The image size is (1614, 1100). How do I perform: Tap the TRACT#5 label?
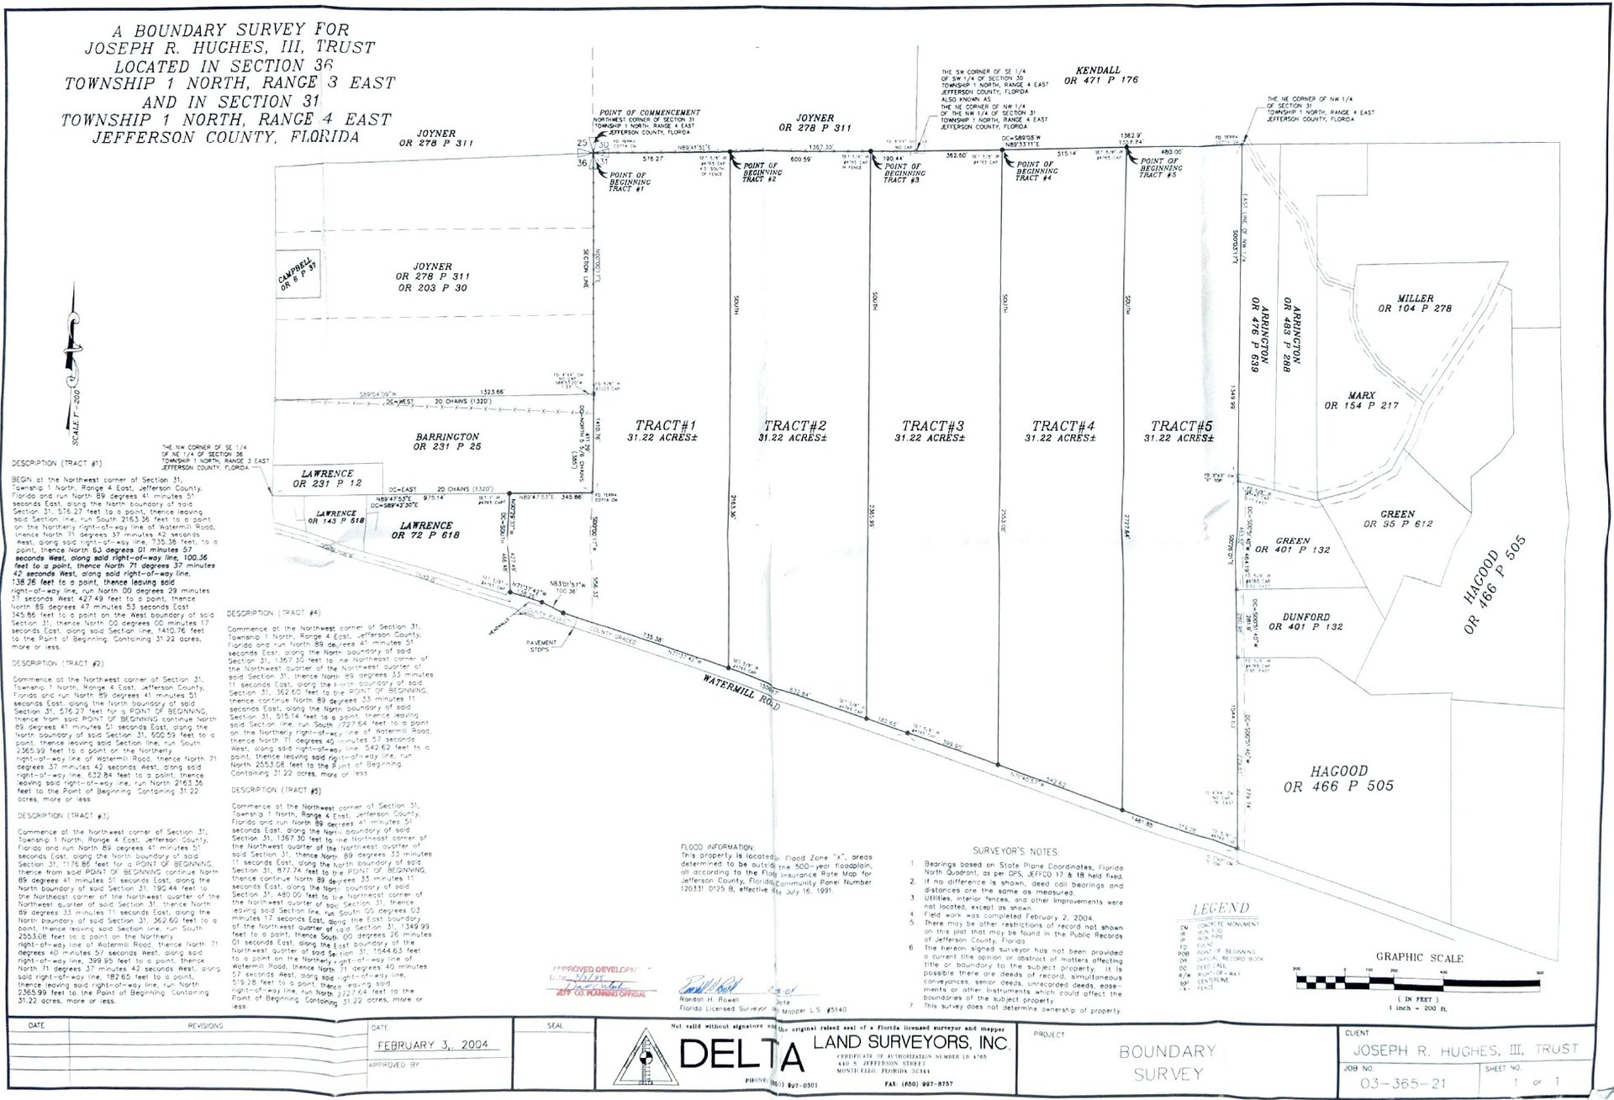pos(1181,426)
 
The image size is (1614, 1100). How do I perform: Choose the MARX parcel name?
pos(1362,395)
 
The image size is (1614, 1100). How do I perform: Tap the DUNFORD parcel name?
pos(1305,617)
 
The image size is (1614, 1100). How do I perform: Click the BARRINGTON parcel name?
pos(446,437)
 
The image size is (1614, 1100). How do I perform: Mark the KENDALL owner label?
pos(1099,71)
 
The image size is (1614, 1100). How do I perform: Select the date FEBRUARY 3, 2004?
pos(433,1045)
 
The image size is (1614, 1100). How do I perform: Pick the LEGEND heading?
pos(1221,908)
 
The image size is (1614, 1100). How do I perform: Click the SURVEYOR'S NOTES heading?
pos(1016,851)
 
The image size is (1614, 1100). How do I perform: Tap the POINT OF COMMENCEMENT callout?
pos(649,113)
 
